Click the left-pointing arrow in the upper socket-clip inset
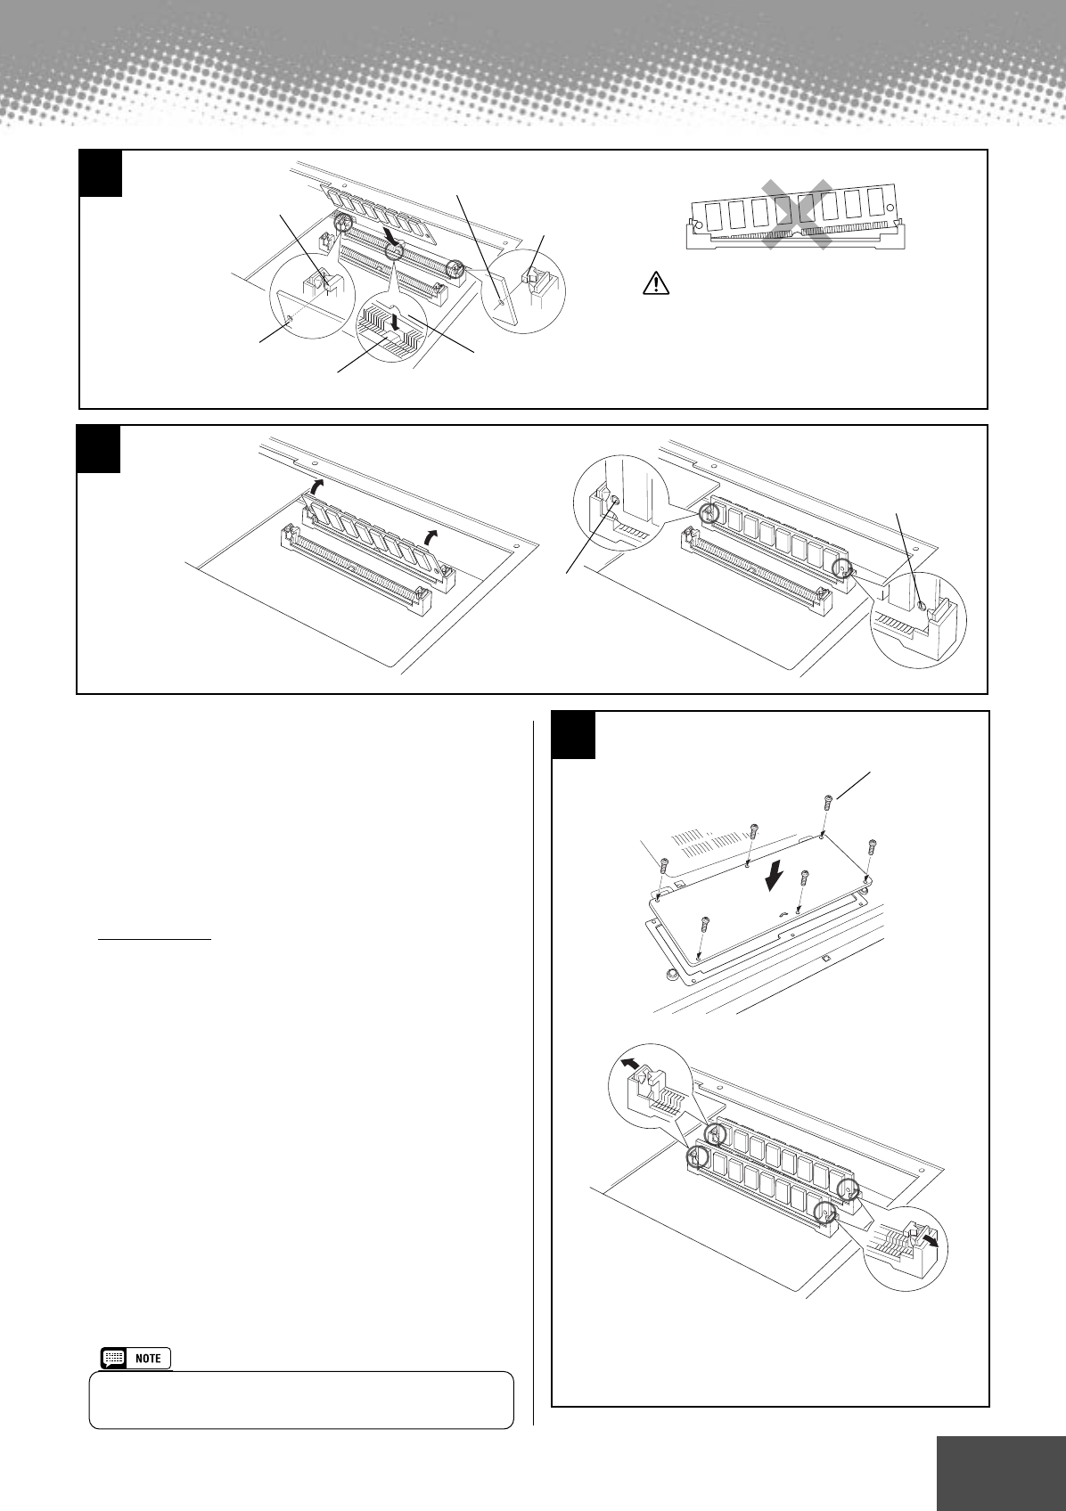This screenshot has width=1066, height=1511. pyautogui.click(x=629, y=1064)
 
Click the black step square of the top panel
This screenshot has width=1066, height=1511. pyautogui.click(x=99, y=173)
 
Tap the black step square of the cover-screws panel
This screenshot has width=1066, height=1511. pyautogui.click(x=572, y=734)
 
